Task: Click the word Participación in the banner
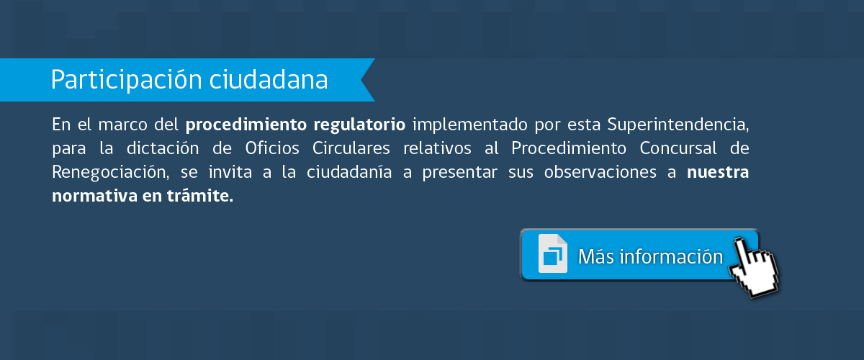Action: [x=127, y=80]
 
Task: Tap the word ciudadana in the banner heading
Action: [x=269, y=79]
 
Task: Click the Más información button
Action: [x=639, y=255]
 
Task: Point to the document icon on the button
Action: [x=553, y=253]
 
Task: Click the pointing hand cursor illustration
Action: [x=754, y=268]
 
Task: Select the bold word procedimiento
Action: [x=246, y=125]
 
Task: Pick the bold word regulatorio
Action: [x=359, y=125]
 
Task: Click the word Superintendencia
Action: [x=678, y=125]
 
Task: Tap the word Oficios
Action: [x=272, y=148]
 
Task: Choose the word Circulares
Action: [x=351, y=148]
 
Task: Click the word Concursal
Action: [x=678, y=148]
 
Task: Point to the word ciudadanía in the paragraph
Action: [x=349, y=172]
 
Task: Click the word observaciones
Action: [x=600, y=172]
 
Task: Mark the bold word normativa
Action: [x=95, y=196]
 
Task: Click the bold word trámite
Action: [x=200, y=196]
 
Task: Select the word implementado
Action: [x=469, y=125]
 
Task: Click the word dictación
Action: [x=163, y=148]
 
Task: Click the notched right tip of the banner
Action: [x=361, y=79]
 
